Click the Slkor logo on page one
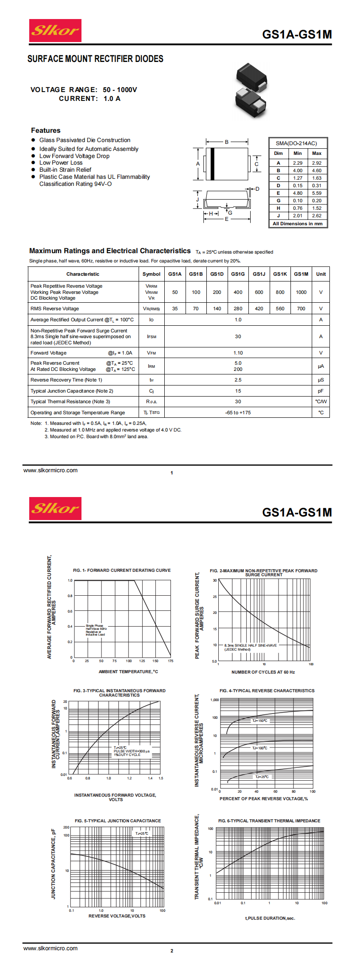coord(55,31)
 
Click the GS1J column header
coord(259,274)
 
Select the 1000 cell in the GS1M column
coord(301,292)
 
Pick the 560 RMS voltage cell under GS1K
coord(280,308)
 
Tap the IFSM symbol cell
coord(151,337)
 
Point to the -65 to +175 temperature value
coord(238,412)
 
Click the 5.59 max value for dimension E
coord(317,193)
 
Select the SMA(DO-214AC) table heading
coord(296,143)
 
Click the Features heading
coord(46,130)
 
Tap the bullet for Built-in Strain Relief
coord(33,170)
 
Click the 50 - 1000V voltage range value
coord(120,89)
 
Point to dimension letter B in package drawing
coord(227,142)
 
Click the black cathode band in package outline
coord(212,164)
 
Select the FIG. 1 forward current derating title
coord(122,570)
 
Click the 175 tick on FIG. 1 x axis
coord(170,661)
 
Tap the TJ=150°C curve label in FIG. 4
coord(260,721)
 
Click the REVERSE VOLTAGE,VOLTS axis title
coord(117,916)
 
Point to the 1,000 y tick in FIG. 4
coord(214,700)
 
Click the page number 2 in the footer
coord(172,951)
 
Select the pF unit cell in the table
coord(321,391)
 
